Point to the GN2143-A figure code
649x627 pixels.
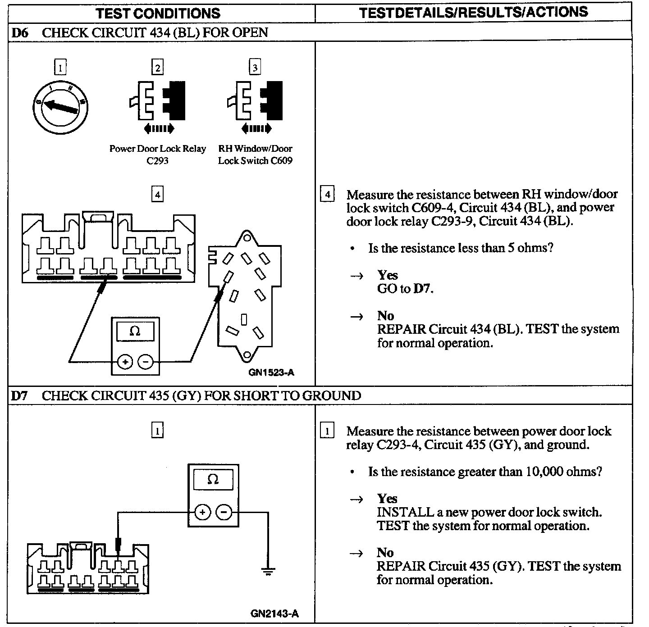274,614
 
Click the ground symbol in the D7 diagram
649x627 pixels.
268,572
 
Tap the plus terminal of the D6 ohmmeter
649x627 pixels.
125,361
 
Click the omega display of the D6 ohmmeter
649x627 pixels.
135,332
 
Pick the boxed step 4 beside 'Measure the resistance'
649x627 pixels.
327,195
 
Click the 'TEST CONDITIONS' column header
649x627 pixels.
158,13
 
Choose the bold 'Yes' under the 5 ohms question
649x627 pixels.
388,275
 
